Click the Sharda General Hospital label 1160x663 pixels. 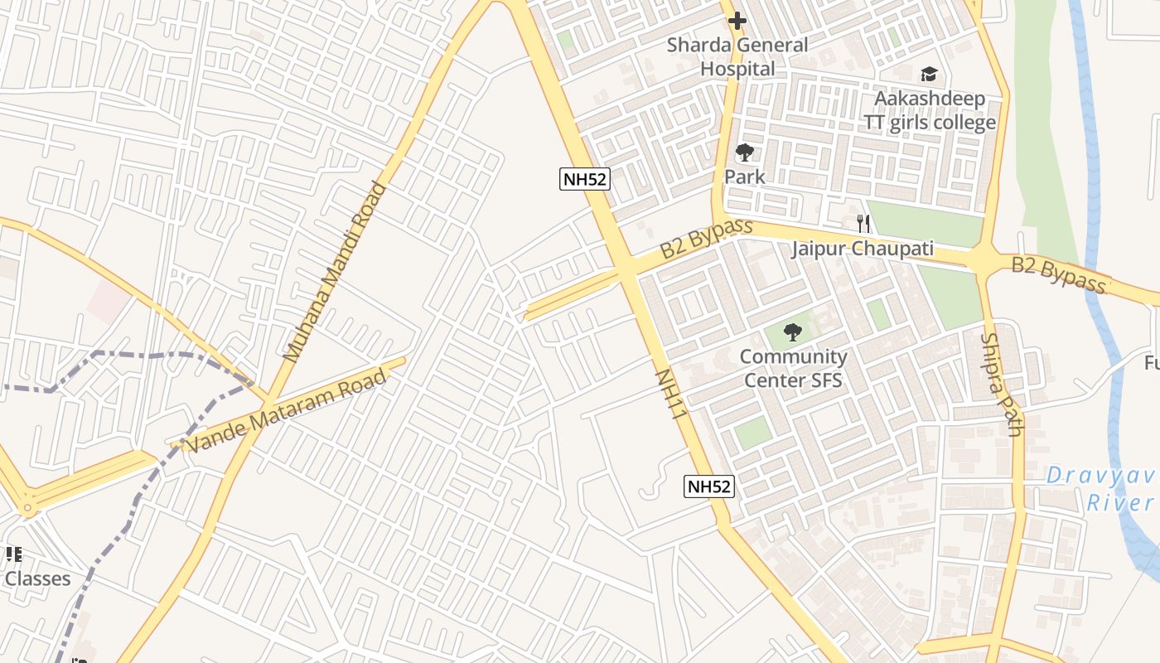pos(737,56)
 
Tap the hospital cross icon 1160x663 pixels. pos(737,21)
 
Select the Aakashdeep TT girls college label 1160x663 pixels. pos(930,111)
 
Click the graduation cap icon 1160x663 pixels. pos(929,75)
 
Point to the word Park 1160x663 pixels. pos(745,177)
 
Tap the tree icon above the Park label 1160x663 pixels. pos(745,152)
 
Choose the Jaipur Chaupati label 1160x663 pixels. pos(862,249)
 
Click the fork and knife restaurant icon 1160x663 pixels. pos(863,223)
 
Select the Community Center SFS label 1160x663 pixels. pos(793,369)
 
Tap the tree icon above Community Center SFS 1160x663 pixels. pos(793,332)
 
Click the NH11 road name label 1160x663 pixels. pos(672,394)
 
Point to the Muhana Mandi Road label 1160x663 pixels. pos(334,272)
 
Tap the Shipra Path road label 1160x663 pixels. pos(1002,385)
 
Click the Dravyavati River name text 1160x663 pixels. pos(1102,489)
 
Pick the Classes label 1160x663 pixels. pos(37,578)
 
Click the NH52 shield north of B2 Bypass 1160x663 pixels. pos(585,179)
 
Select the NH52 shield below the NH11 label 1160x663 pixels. pos(709,486)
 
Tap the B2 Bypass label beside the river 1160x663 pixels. pos(1058,275)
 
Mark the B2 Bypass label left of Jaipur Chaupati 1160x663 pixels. pos(706,238)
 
